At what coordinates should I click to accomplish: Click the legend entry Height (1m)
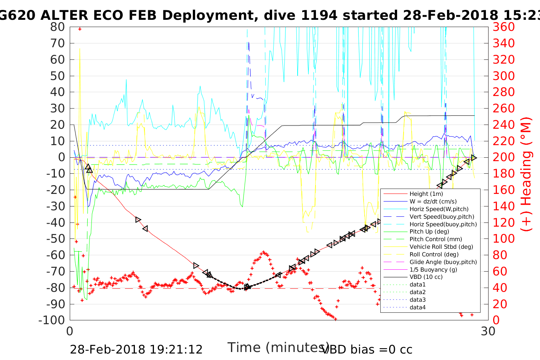click(x=426, y=194)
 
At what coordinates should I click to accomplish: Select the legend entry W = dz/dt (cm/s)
click(x=433, y=202)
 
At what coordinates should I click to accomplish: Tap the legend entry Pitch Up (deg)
click(x=429, y=232)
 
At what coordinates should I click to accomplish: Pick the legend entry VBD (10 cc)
click(x=426, y=277)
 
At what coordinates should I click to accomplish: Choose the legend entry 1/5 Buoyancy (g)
click(x=433, y=269)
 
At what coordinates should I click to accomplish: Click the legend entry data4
click(x=417, y=307)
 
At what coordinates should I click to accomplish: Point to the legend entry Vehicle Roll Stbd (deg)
click(x=441, y=247)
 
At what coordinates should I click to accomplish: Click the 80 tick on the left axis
click(x=58, y=27)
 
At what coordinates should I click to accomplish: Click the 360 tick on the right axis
click(x=503, y=27)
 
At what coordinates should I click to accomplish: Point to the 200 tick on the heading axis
click(x=503, y=157)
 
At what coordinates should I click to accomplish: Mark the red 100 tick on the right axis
click(x=503, y=238)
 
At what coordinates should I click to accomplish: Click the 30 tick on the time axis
click(x=488, y=331)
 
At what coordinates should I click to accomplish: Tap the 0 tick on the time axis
click(x=70, y=331)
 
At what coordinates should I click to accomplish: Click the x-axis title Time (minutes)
click(x=278, y=347)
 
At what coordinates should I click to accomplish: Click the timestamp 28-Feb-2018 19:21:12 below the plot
click(x=136, y=349)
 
